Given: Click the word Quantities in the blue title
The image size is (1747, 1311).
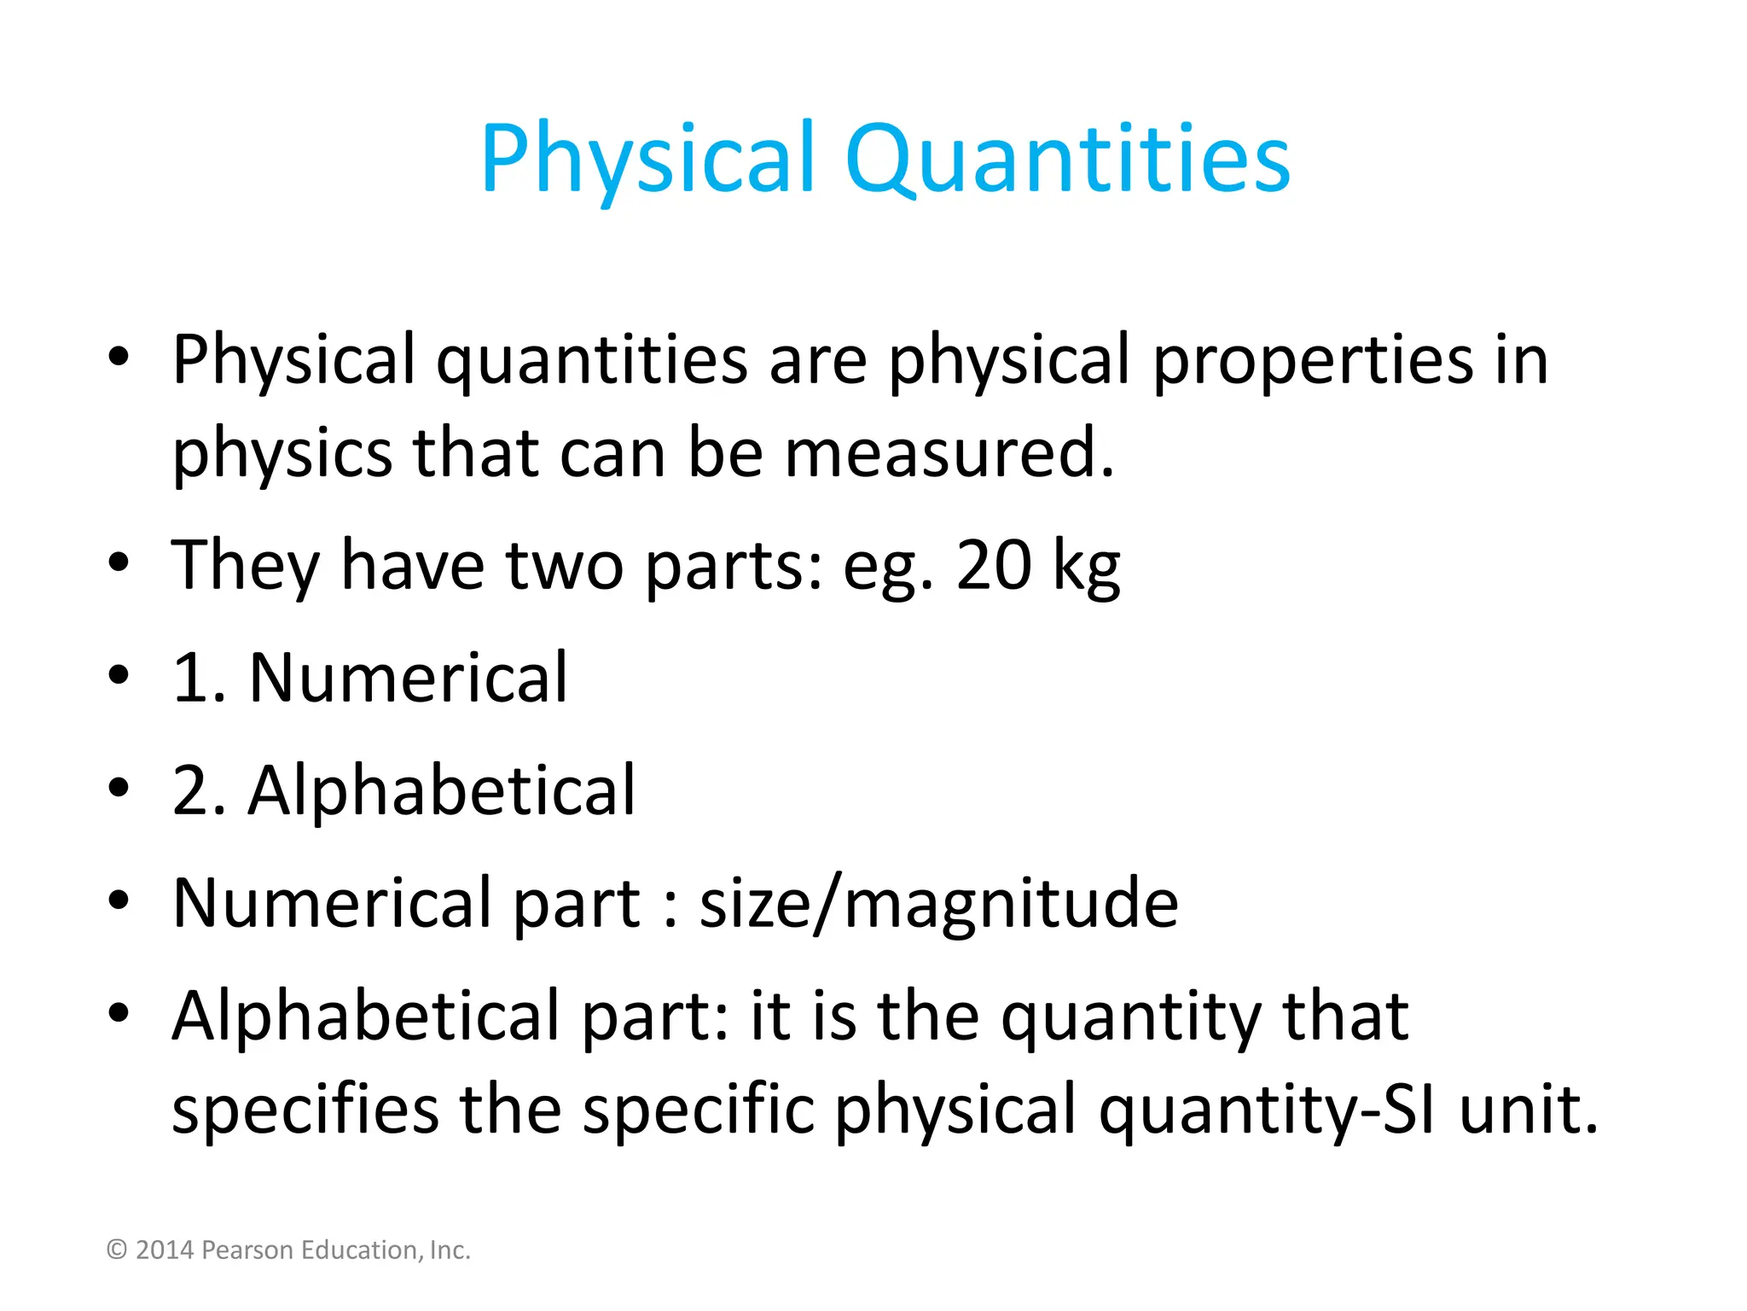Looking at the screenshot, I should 1067,159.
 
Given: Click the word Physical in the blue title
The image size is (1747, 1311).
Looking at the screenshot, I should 648,159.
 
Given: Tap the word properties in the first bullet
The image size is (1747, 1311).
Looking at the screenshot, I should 1312,360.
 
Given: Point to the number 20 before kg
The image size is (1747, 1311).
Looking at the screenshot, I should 994,565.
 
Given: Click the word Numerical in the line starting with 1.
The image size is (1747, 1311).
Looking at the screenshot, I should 408,678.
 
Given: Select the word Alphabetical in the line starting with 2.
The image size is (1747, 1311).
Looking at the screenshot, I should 442,790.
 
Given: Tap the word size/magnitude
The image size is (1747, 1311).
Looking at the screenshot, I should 938,903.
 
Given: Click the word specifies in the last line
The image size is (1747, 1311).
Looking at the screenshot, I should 305,1110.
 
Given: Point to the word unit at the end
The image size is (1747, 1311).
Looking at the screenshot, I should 1528,1110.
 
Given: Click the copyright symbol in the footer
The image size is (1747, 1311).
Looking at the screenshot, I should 117,1250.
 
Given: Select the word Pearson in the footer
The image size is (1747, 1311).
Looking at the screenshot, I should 247,1250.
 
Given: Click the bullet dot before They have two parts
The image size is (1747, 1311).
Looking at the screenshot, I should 119,563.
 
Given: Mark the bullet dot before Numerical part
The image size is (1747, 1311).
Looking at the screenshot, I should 119,901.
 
